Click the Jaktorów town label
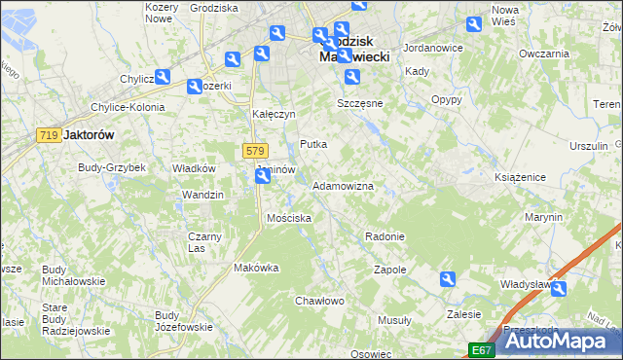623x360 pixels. point(89,136)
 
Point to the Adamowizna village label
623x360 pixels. point(343,185)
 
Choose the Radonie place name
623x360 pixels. point(385,236)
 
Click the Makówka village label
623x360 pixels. point(256,268)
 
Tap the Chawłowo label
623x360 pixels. point(320,301)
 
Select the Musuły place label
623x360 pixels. point(394,320)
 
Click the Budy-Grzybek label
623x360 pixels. point(112,167)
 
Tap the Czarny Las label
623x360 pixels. point(204,242)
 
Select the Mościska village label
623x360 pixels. point(289,218)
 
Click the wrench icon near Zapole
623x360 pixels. point(448,279)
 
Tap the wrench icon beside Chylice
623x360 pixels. point(163,77)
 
